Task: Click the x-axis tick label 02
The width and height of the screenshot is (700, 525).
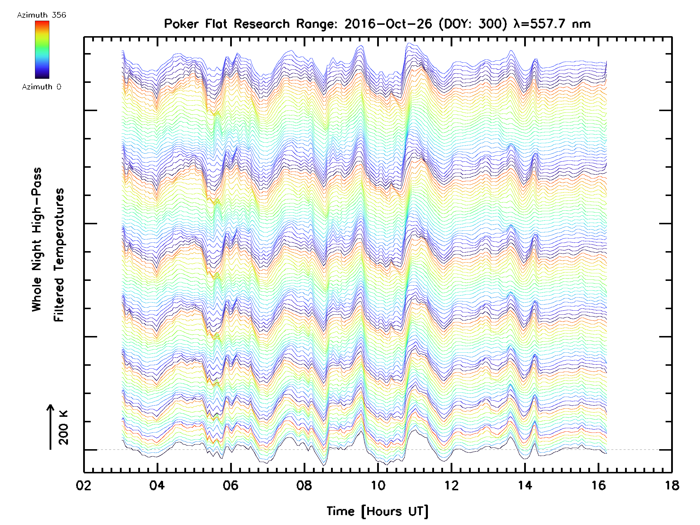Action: [x=83, y=485]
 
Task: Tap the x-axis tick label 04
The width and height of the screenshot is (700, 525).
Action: [x=157, y=485]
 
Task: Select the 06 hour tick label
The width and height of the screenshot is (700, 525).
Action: [x=230, y=485]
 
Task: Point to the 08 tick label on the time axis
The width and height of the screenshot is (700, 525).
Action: [x=304, y=485]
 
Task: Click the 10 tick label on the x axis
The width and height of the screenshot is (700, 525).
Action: [x=377, y=485]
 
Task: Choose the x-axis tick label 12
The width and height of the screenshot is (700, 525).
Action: [x=451, y=485]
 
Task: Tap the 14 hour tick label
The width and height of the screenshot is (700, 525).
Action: [x=525, y=485]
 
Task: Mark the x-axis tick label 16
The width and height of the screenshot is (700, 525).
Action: [x=598, y=485]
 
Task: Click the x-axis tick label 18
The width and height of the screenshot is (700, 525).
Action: [x=671, y=485]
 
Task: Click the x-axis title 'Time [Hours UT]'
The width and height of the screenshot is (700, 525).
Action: [x=377, y=511]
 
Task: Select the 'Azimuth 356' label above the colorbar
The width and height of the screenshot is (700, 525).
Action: [x=41, y=15]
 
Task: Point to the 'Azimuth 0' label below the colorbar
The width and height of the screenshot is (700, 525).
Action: [x=41, y=87]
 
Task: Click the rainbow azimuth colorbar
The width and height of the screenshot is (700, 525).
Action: [x=42, y=50]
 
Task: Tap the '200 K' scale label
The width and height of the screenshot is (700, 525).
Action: [x=64, y=428]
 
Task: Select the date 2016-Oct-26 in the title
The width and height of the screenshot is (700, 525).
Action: [x=388, y=24]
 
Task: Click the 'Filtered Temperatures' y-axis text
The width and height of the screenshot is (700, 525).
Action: [x=59, y=255]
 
